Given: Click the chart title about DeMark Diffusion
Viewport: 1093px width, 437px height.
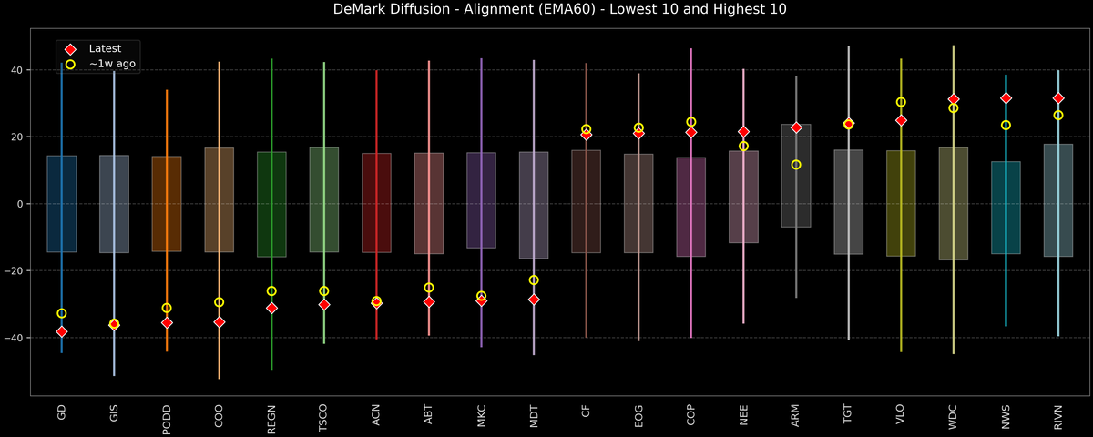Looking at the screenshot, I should tap(546, 10).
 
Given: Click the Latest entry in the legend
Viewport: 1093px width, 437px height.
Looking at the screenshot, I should tap(104, 48).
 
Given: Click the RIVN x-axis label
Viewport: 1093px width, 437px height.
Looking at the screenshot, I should tap(1058, 417).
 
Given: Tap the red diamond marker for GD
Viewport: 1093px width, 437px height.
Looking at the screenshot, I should tap(61, 331).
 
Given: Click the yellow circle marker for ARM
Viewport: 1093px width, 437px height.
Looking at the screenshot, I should tap(796, 165).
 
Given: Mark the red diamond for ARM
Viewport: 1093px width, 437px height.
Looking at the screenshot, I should tap(796, 127).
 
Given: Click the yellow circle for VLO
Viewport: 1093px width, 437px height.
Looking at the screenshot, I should tap(901, 102).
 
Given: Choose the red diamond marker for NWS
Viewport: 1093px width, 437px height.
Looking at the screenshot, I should tap(1006, 98).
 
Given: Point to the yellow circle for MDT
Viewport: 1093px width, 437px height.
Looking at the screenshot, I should tap(534, 280).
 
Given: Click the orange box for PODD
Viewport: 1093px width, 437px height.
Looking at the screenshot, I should tap(167, 204).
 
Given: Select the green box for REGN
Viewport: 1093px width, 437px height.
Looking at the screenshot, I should tap(271, 204).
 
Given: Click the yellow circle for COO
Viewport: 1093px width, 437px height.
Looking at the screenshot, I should tap(219, 302).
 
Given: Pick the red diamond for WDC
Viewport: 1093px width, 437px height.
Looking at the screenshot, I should tap(954, 99).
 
